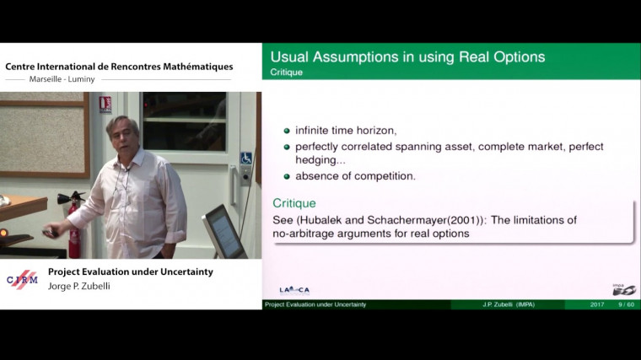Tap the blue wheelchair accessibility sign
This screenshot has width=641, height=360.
tap(246, 158)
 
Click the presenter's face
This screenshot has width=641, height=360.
tap(123, 137)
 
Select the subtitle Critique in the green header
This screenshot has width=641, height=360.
tap(286, 73)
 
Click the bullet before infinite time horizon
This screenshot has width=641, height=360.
tap(287, 131)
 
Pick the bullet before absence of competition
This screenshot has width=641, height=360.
tap(287, 176)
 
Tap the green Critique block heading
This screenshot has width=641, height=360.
tap(294, 203)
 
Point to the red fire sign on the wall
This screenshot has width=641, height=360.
tap(105, 105)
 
